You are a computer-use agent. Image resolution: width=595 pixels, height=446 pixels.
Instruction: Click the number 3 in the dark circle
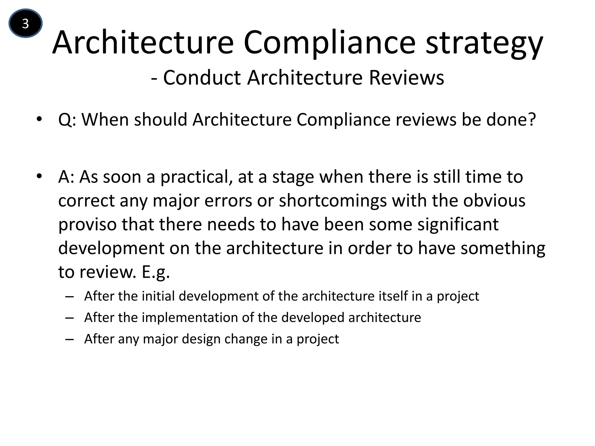(x=26, y=24)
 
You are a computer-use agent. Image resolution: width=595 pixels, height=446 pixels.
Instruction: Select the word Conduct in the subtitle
(x=202, y=78)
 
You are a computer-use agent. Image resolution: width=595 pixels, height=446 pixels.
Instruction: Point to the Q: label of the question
(x=67, y=120)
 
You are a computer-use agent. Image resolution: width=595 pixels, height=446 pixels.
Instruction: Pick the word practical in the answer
(x=196, y=177)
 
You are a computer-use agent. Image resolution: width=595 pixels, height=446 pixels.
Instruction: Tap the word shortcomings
(x=333, y=201)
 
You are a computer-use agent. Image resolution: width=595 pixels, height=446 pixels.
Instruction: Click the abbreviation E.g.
(x=156, y=272)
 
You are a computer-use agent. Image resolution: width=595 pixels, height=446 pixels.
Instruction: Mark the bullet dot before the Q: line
(x=40, y=119)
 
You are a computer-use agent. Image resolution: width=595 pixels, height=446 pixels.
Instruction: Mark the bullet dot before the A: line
(x=40, y=176)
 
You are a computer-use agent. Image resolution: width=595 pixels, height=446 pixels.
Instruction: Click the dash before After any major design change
(x=70, y=339)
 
